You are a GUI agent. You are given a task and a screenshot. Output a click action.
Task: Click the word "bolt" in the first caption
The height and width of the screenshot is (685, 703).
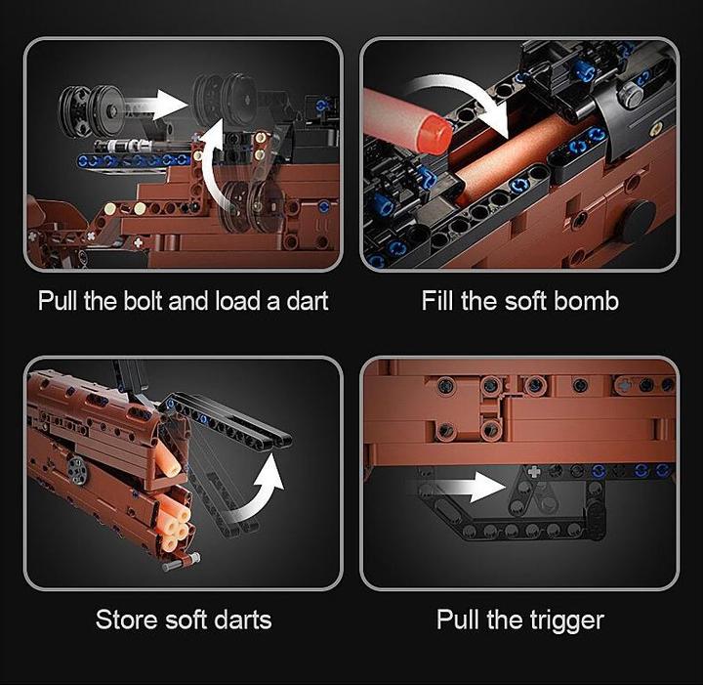[x=143, y=300]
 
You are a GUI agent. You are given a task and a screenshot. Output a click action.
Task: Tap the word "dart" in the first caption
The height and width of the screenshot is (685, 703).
[x=308, y=300]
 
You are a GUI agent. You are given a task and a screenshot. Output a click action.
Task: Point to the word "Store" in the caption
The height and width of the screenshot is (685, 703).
[x=126, y=620]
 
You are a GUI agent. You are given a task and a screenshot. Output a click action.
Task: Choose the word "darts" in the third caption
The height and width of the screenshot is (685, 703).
[x=242, y=620]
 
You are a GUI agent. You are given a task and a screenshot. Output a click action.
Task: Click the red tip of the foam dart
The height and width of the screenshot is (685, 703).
[x=434, y=134]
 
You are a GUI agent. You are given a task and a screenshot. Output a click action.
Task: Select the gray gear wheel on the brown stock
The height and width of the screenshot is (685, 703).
[x=76, y=471]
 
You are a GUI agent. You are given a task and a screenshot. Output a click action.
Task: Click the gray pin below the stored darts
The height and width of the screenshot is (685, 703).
[x=182, y=563]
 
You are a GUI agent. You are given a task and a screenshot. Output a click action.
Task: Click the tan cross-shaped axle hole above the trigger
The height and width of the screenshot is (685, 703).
[x=534, y=472]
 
